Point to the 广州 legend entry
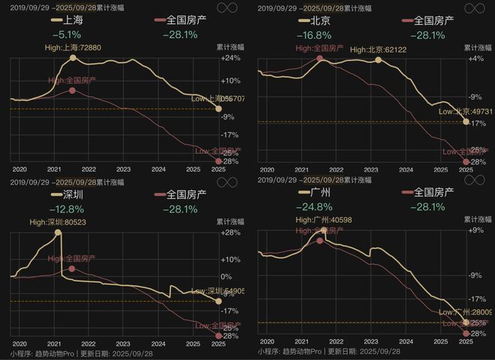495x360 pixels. coord(317,193)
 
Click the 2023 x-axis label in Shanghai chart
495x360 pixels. coord(124,169)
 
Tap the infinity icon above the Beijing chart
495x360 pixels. coord(473,7)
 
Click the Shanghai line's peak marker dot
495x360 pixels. coord(73,58)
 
